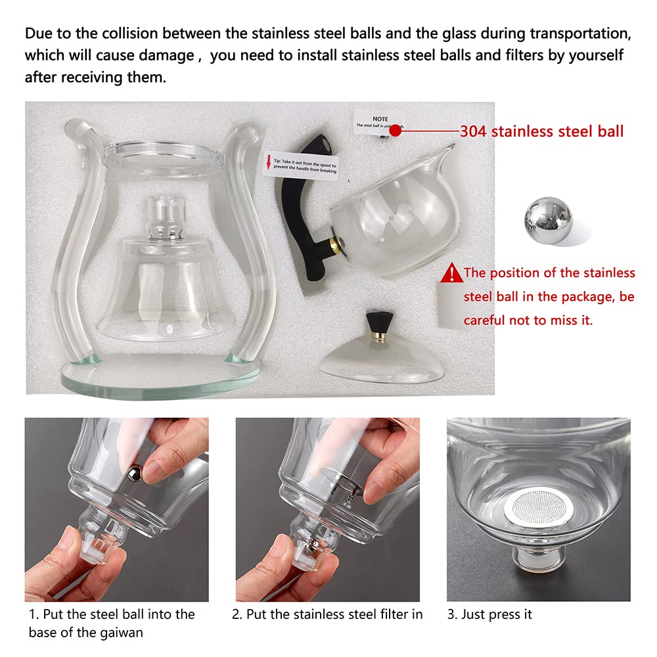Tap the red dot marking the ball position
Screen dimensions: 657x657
tap(396, 130)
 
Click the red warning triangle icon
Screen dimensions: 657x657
tap(452, 272)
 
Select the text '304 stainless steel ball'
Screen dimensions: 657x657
tap(541, 131)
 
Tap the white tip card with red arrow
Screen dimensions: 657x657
tap(301, 165)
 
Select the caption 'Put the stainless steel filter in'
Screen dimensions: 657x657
tap(327, 614)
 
